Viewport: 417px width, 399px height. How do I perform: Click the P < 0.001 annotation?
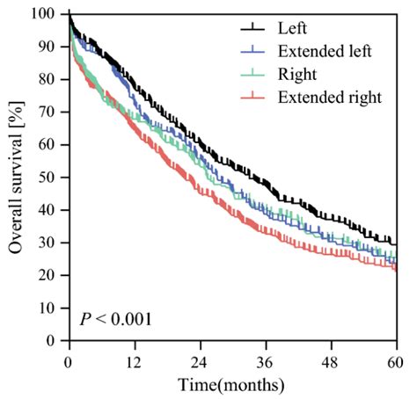coord(114,318)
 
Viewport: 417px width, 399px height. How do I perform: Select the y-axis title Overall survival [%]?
coord(15,176)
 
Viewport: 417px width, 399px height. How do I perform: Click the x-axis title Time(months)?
coord(231,384)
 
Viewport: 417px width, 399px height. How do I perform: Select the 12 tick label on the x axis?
coord(134,360)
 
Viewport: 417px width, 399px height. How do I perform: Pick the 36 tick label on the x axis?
coord(265,360)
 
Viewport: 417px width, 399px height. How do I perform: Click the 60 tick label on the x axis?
coord(396,360)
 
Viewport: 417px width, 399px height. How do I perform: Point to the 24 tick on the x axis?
coord(200,360)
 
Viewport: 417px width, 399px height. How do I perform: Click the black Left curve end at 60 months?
coord(395,243)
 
